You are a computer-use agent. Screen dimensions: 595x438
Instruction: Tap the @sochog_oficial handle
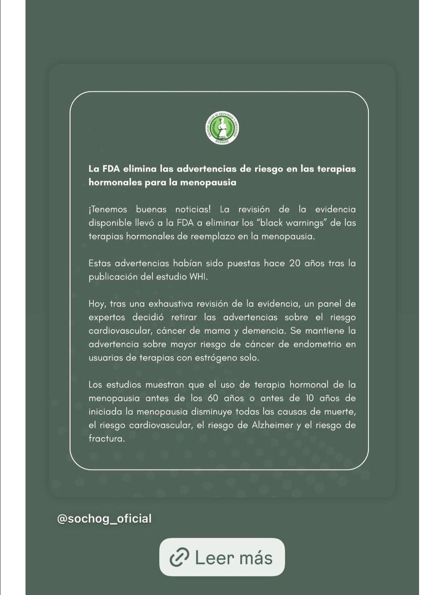(104, 518)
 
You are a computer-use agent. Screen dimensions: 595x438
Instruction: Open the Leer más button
(222, 557)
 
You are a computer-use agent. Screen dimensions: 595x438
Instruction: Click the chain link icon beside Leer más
(180, 557)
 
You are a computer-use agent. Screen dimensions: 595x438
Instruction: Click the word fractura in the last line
(106, 439)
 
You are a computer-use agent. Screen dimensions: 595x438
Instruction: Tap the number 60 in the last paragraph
(213, 398)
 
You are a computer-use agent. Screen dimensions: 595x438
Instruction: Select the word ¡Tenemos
(107, 210)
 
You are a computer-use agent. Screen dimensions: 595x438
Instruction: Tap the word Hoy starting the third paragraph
(96, 304)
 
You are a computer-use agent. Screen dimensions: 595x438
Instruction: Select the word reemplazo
(213, 236)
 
